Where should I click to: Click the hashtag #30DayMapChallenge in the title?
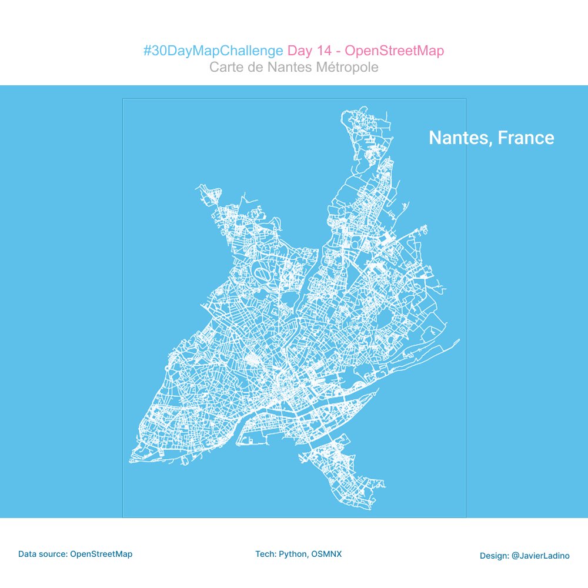[x=213, y=51]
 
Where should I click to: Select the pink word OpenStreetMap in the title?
[x=395, y=51]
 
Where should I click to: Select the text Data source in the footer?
[x=42, y=554]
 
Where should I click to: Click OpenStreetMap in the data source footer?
[x=101, y=554]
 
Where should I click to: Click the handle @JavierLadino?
[x=540, y=556]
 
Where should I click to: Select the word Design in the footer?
[x=493, y=556]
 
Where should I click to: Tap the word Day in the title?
[x=299, y=51]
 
